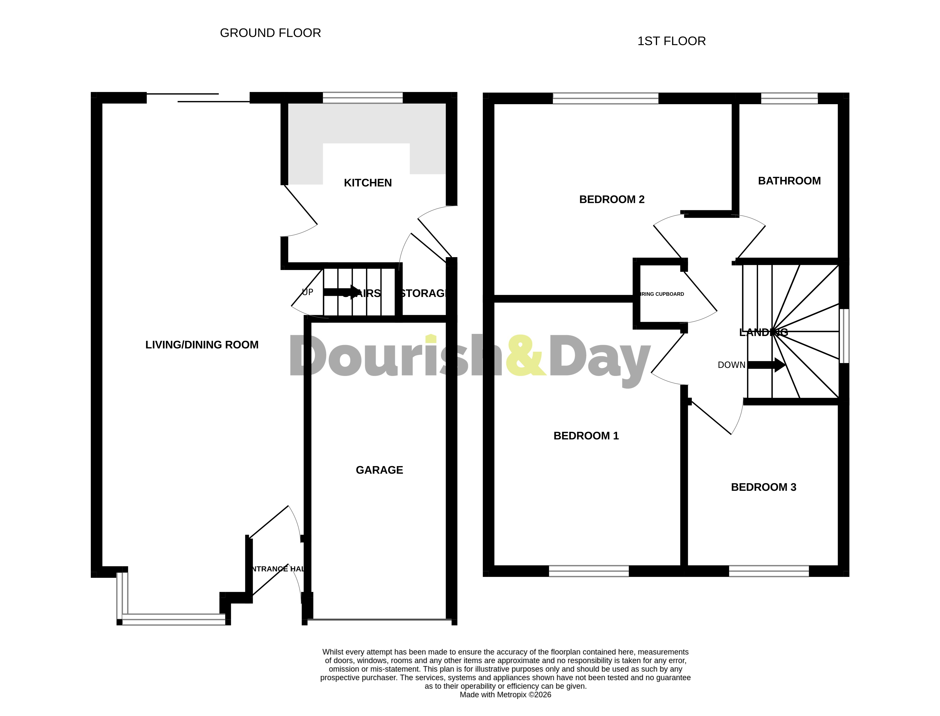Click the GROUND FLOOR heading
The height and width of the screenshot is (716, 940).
coord(270,33)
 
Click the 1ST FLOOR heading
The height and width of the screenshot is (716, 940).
coord(672,41)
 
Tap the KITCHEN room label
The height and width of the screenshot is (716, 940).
coord(367,183)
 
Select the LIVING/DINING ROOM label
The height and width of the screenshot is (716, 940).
coord(202,345)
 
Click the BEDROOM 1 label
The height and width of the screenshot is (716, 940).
coord(586,436)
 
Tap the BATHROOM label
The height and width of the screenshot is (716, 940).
coord(789,181)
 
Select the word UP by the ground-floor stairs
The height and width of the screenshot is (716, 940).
coord(307,292)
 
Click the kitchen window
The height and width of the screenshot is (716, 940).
coord(362,98)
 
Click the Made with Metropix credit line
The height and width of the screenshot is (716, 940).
coord(505,695)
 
